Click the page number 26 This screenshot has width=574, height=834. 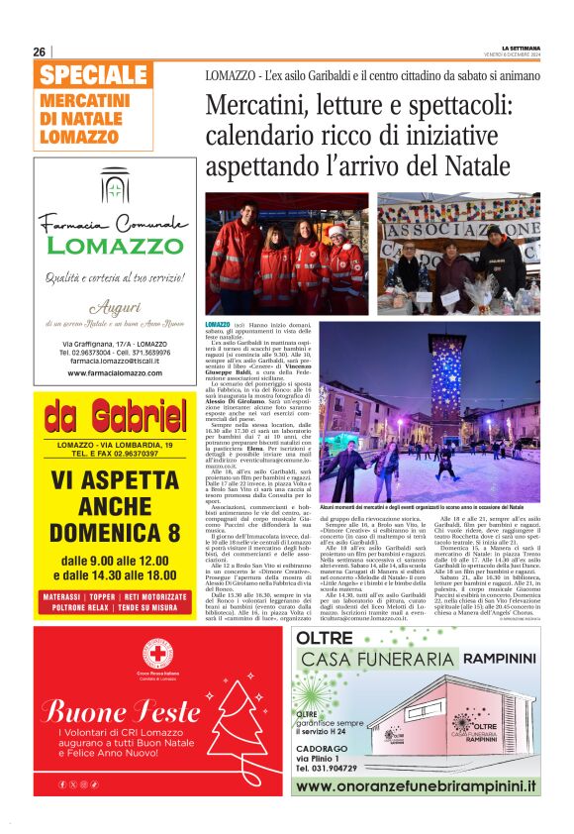point(40,52)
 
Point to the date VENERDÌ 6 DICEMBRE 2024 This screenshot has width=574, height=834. point(514,55)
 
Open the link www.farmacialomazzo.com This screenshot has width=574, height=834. point(115,373)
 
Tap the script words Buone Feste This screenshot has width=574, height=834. point(121,711)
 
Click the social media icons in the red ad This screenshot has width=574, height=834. point(79,784)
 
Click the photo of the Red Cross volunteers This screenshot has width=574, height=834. point(285,253)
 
